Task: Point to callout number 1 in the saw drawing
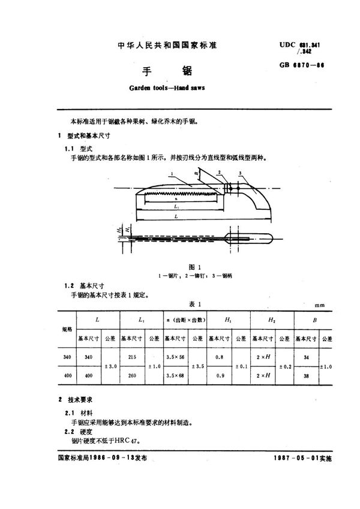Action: [x=172, y=174]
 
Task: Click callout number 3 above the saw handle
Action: [x=241, y=174]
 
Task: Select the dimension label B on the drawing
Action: [x=197, y=173]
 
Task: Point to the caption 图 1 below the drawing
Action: [x=176, y=266]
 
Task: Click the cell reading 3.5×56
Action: [x=175, y=357]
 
